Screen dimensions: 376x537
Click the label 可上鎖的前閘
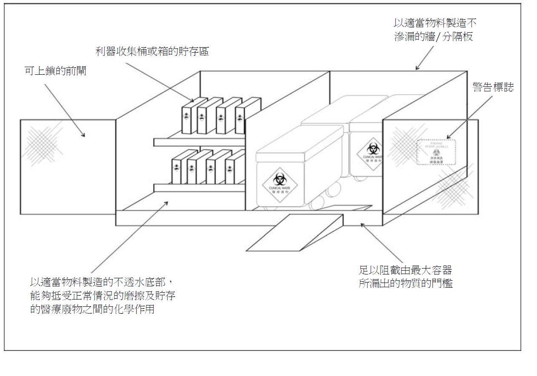click(56, 71)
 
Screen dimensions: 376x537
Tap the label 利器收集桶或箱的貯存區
click(152, 51)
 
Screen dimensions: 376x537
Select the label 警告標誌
click(493, 87)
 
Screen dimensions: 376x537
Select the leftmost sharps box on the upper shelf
click(187, 118)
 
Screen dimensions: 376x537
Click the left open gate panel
click(68, 167)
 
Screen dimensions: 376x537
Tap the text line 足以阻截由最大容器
click(405, 270)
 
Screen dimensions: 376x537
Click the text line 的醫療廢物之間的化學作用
click(92, 309)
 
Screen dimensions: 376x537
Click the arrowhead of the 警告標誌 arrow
click(448, 137)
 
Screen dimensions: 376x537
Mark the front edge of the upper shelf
click(199, 142)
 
